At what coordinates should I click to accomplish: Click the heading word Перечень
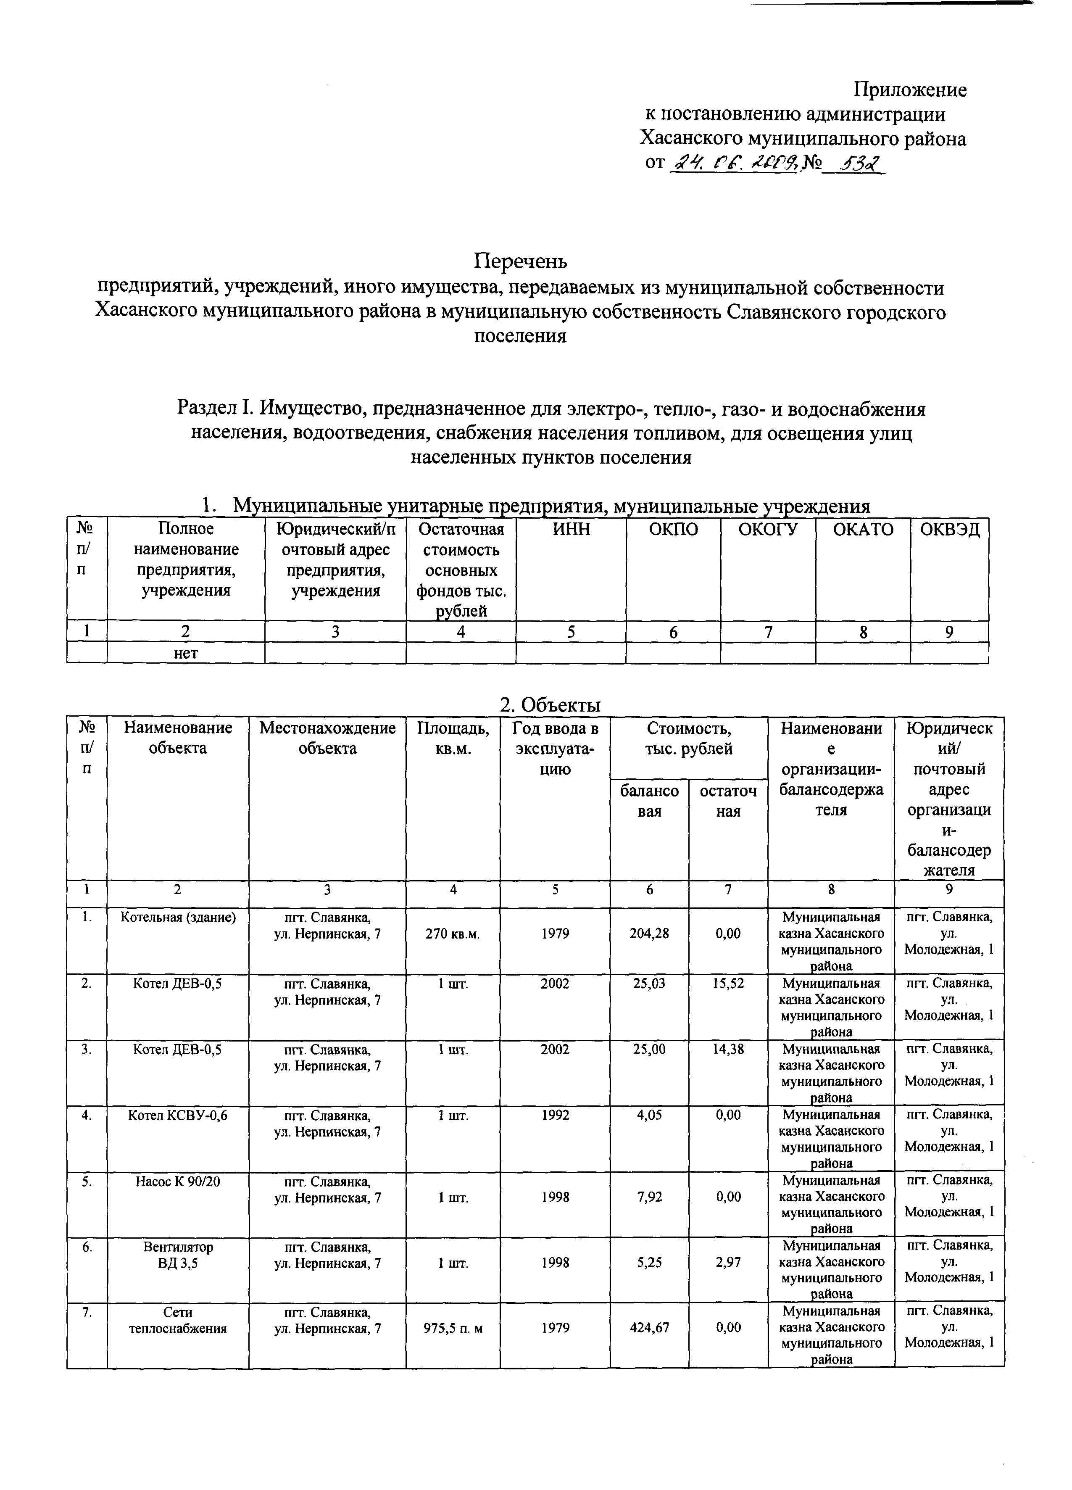pyautogui.click(x=520, y=261)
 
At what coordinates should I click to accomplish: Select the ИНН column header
pyautogui.click(x=571, y=530)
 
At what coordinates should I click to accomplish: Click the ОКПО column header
pyautogui.click(x=673, y=530)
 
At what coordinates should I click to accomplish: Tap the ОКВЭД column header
pyautogui.click(x=949, y=530)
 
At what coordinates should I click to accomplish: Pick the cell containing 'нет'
pyautogui.click(x=186, y=653)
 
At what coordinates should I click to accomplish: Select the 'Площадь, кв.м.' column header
pyautogui.click(x=453, y=738)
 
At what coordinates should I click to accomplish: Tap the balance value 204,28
pyautogui.click(x=649, y=934)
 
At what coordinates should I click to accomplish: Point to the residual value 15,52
pyautogui.click(x=728, y=984)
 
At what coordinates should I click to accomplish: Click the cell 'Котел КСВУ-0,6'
pyautogui.click(x=178, y=1115)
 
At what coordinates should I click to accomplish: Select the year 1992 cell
pyautogui.click(x=555, y=1115)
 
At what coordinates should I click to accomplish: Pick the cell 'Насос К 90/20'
pyautogui.click(x=178, y=1181)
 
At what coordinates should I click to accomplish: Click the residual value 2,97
pyautogui.click(x=728, y=1263)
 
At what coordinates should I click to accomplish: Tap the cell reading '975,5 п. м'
pyautogui.click(x=453, y=1328)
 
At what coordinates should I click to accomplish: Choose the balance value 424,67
pyautogui.click(x=649, y=1328)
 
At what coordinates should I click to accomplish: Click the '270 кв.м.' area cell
pyautogui.click(x=453, y=934)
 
